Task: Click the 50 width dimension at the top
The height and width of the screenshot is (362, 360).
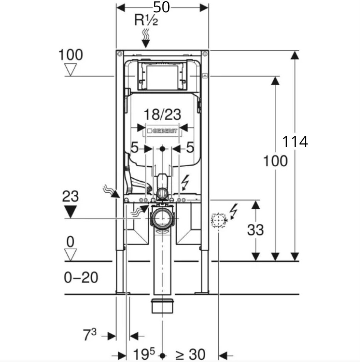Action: pos(162,7)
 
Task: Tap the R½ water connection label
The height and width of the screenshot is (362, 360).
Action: pos(146,20)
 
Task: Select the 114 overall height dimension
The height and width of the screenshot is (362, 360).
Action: pos(295,141)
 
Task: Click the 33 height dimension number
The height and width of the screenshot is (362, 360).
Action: pos(255,230)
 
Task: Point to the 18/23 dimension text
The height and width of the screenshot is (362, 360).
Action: pos(162,114)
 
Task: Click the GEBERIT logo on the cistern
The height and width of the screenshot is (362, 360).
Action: pos(162,131)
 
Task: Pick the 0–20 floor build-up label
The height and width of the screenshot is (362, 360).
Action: pos(81,277)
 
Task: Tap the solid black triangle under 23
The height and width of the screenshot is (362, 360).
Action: pos(70,212)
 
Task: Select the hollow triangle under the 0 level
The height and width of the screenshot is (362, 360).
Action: pos(70,255)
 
